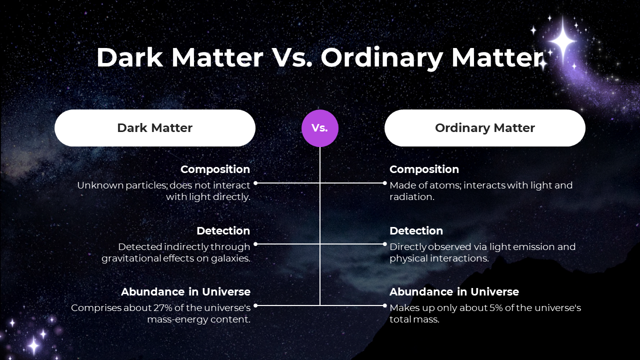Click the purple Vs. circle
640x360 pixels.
pyautogui.click(x=319, y=128)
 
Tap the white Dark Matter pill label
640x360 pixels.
pyautogui.click(x=155, y=128)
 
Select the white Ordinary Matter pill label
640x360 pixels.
pyautogui.click(x=485, y=128)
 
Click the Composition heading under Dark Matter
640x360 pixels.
pyautogui.click(x=215, y=169)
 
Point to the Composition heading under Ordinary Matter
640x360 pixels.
pyautogui.click(x=424, y=169)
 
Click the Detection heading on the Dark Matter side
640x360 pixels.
pyautogui.click(x=223, y=231)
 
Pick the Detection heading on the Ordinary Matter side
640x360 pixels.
pyautogui.click(x=416, y=231)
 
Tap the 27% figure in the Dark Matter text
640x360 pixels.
pyautogui.click(x=163, y=308)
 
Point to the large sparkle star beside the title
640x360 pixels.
pyautogui.click(x=562, y=41)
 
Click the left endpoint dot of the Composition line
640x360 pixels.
pyautogui.click(x=255, y=183)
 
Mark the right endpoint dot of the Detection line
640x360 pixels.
pyautogui.click(x=384, y=244)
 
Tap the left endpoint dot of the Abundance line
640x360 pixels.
pyautogui.click(x=255, y=305)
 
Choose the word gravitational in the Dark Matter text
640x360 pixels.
pyautogui.click(x=131, y=258)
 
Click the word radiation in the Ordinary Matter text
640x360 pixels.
pyautogui.click(x=411, y=197)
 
